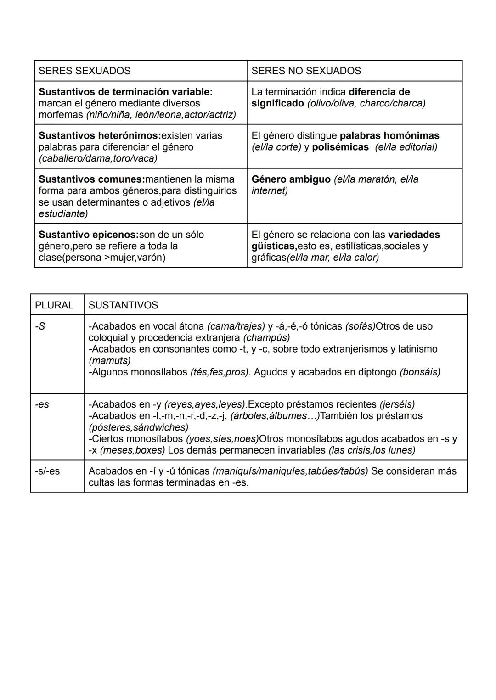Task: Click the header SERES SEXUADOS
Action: point(85,71)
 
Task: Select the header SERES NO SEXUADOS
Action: point(306,71)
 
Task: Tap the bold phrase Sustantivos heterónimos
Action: point(98,136)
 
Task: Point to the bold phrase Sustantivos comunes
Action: point(91,179)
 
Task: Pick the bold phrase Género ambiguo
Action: point(291,179)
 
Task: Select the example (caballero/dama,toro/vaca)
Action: point(98,158)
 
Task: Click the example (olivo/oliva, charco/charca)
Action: point(366,103)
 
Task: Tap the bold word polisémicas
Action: point(340,147)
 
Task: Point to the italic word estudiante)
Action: point(63,213)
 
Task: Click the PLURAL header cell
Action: point(54,305)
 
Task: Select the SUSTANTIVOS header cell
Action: point(123,305)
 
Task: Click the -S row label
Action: point(40,326)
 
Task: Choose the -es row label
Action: point(42,404)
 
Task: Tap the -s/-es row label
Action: point(47,471)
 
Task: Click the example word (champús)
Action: point(266,338)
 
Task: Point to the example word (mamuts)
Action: point(109,360)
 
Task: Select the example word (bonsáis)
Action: point(420,372)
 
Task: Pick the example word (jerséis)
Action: point(397,404)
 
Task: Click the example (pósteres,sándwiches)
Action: point(138,427)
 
